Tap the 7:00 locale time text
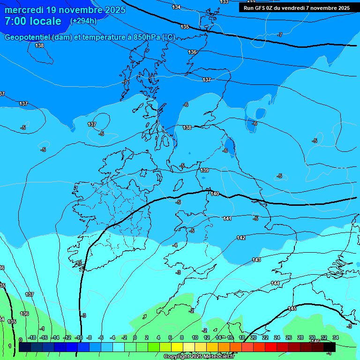pos(33,21)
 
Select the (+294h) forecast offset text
pos(83,21)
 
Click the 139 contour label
pos(204,170)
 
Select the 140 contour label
pos(215,194)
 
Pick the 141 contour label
pos(227,218)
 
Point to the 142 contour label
pos(241,238)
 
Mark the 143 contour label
pos(256,260)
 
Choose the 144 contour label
pos(275,283)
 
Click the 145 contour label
pos(292,308)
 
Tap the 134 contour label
pos(176,7)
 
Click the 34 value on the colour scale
pos(335,337)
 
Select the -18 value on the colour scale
pos(32,337)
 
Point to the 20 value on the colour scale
pos(254,337)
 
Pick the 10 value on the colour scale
pos(195,337)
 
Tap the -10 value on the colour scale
pos(78,337)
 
